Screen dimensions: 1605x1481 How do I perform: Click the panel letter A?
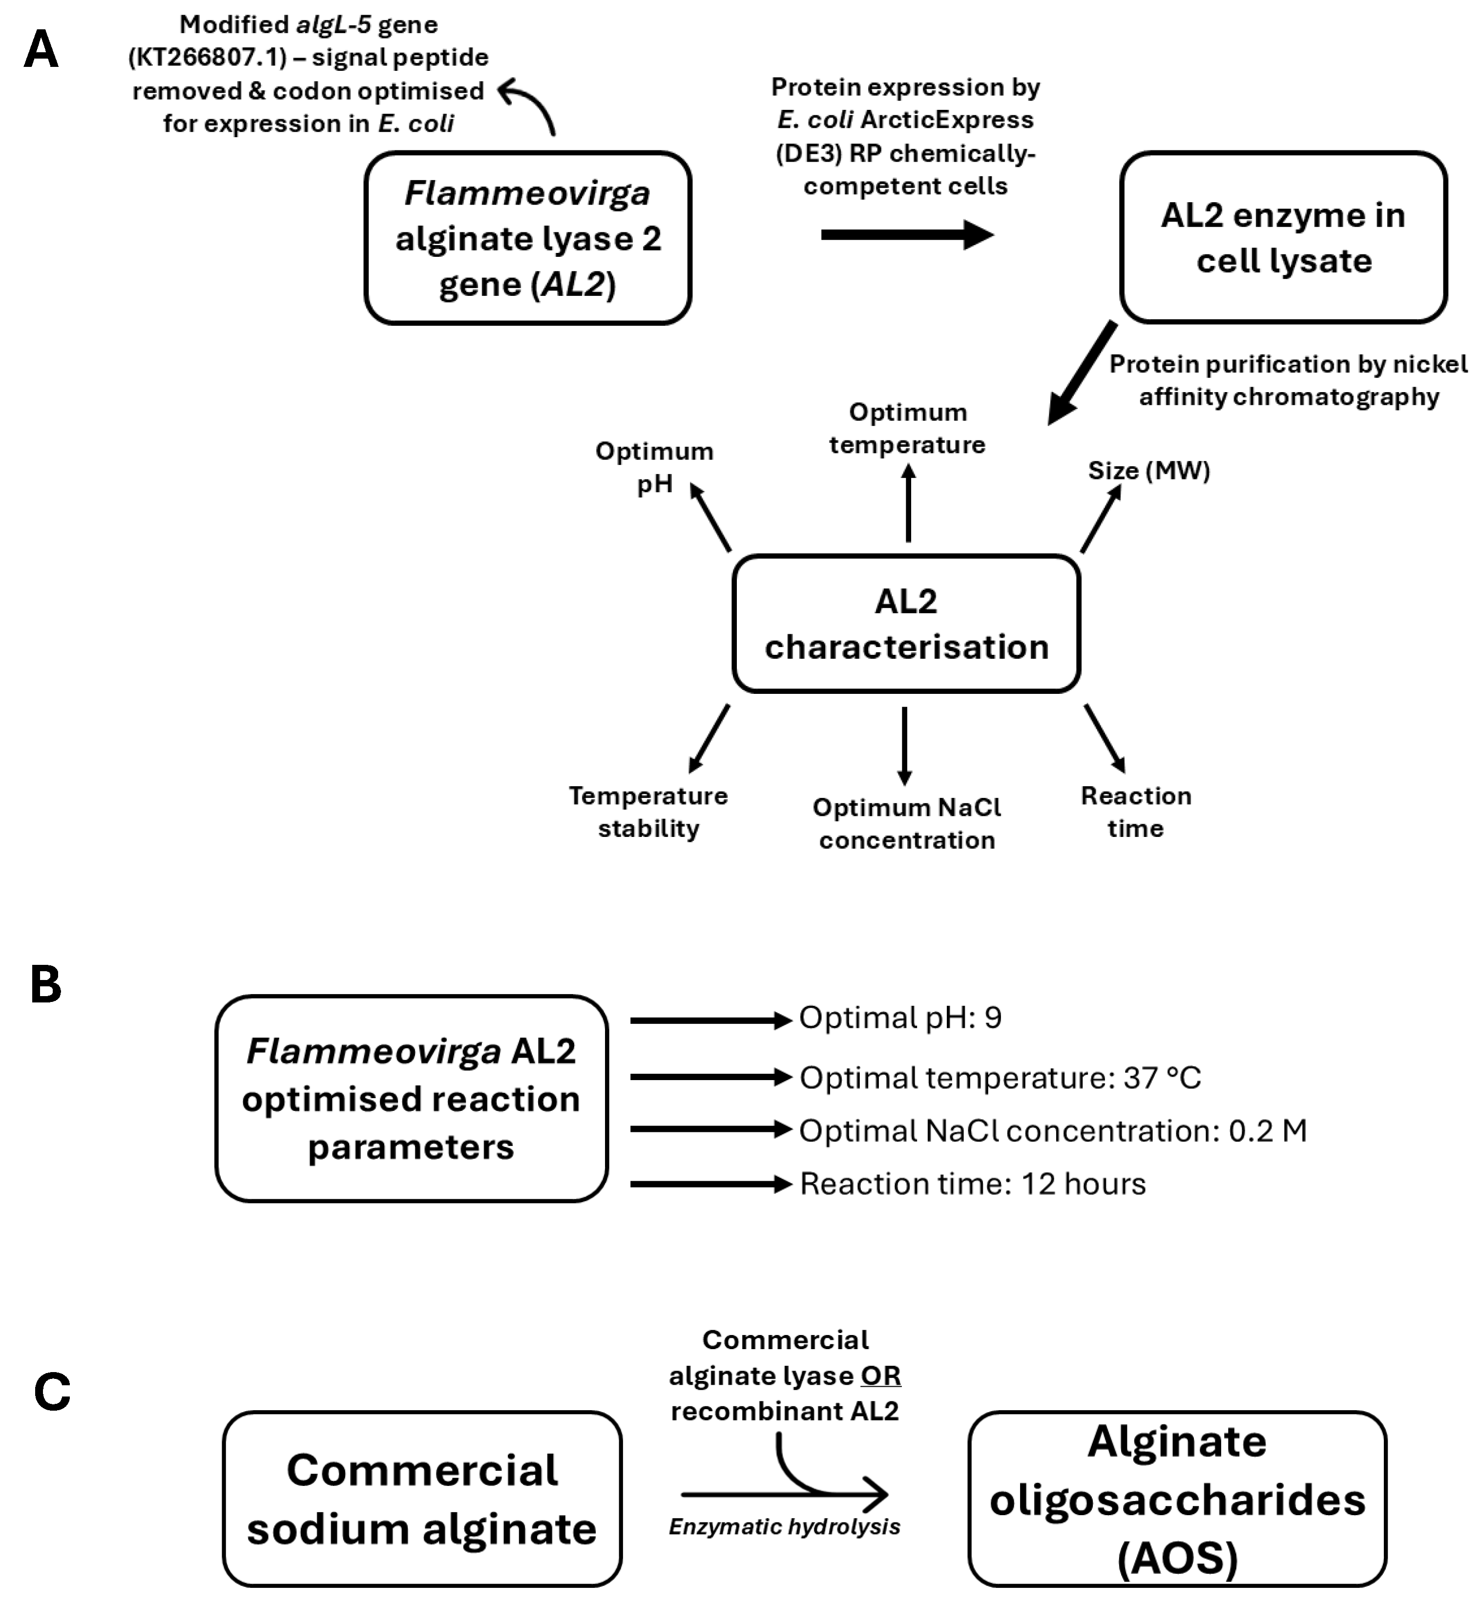click(x=41, y=50)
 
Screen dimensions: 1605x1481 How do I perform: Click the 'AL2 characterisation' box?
click(x=906, y=624)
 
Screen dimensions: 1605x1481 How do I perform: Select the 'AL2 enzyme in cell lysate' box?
click(x=1283, y=238)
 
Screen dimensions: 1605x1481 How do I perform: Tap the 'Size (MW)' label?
click(x=1148, y=470)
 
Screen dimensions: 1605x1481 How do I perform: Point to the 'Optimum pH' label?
click(x=654, y=467)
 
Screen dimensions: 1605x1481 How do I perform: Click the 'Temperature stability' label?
click(x=648, y=812)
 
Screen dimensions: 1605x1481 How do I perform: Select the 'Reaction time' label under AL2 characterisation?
click(x=1136, y=812)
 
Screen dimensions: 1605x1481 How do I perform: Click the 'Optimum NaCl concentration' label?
click(x=906, y=824)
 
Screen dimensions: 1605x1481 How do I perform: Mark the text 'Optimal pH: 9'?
click(x=900, y=1018)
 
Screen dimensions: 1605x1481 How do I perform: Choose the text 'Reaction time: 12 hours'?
click(x=973, y=1184)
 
